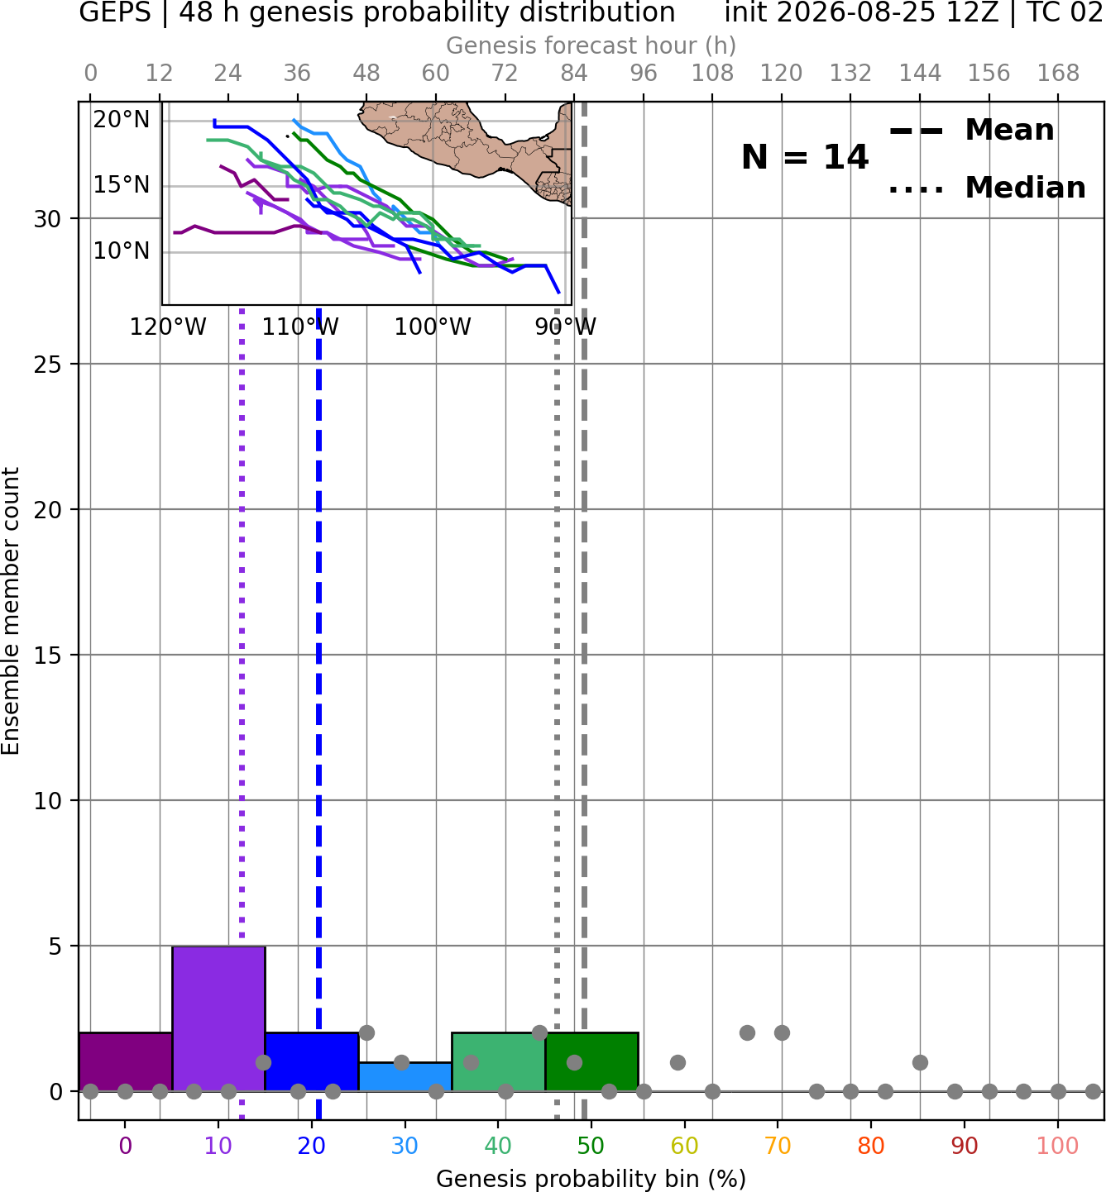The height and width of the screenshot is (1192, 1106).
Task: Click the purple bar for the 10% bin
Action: [x=218, y=1018]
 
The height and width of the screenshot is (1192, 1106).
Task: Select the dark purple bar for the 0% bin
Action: [x=126, y=1061]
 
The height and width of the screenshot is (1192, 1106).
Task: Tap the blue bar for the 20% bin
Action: [x=312, y=1061]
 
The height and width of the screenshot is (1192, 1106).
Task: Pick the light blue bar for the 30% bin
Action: [x=405, y=1077]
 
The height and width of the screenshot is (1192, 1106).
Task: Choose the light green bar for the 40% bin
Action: [x=498, y=1061]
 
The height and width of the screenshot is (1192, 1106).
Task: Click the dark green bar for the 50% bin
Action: [x=591, y=1061]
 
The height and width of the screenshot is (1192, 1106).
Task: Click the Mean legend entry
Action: [x=971, y=131]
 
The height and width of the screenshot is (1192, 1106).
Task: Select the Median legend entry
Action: [x=987, y=188]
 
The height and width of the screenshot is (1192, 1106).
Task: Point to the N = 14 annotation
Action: [x=805, y=157]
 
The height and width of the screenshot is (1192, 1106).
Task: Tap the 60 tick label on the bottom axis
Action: [x=684, y=1146]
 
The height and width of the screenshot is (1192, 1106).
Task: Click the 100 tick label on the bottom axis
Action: [x=1057, y=1146]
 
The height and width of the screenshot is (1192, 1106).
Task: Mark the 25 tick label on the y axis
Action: [x=48, y=365]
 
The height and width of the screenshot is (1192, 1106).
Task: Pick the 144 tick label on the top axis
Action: [x=920, y=74]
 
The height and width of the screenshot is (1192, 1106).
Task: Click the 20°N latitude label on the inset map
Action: [x=121, y=119]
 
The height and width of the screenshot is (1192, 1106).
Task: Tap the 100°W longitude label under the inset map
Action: [x=433, y=327]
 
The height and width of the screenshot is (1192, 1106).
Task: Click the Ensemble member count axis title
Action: [x=11, y=611]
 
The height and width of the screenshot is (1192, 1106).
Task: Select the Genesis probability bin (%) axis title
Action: [x=591, y=1179]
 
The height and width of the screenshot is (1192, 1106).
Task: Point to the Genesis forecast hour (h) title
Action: [x=591, y=45]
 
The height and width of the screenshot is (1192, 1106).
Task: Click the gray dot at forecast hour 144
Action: [x=920, y=1062]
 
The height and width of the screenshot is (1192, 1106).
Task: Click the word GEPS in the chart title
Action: [x=115, y=12]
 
